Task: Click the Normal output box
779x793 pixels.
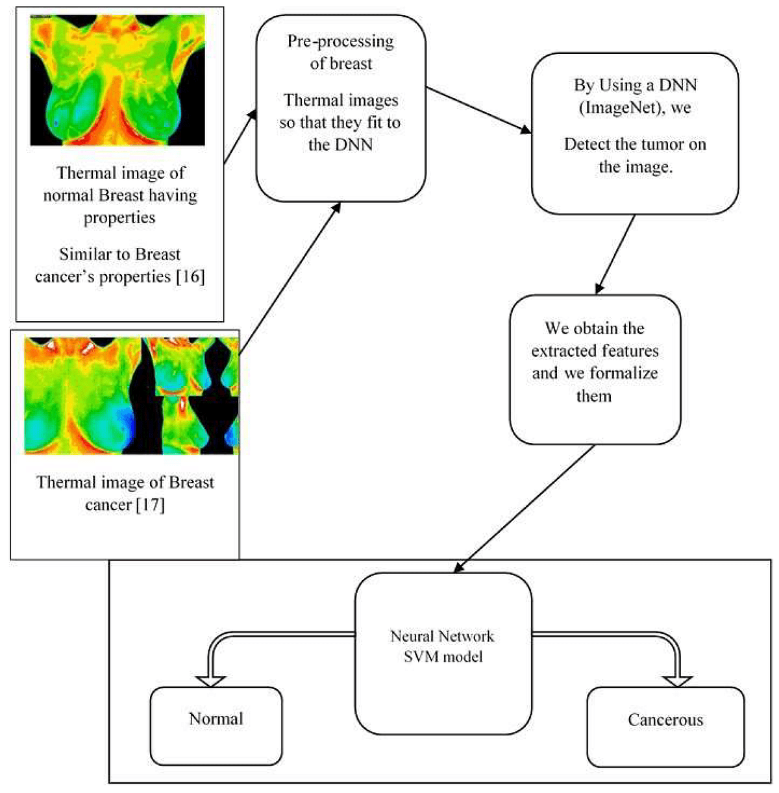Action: pos(216,726)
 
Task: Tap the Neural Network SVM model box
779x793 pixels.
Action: pos(443,653)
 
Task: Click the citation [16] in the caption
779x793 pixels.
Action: pos(190,277)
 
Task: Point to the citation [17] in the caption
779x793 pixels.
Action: pos(150,505)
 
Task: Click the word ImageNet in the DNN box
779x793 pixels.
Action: pos(613,108)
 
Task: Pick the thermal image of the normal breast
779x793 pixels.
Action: pos(117,80)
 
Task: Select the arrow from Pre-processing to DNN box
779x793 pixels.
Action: pos(478,111)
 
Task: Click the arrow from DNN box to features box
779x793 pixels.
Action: pos(615,254)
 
